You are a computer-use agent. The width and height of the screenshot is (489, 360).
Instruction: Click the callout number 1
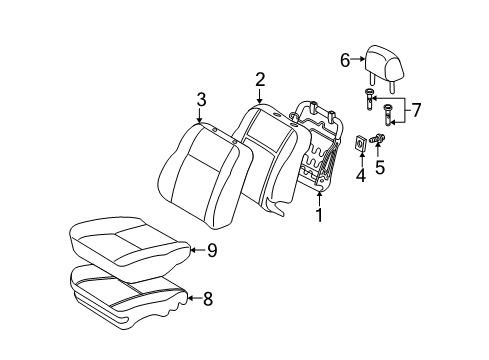click(319, 213)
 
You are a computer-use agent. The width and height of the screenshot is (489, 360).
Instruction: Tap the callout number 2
click(260, 79)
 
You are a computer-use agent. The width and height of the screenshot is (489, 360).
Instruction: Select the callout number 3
click(201, 99)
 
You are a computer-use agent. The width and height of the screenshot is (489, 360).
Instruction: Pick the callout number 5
click(381, 168)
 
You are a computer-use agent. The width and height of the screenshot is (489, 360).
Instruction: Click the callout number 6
click(345, 60)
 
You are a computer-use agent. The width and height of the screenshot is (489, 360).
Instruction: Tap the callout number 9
click(211, 251)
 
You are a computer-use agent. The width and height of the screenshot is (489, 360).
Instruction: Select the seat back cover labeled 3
click(200, 165)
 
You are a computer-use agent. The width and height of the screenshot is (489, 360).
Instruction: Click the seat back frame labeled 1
click(323, 150)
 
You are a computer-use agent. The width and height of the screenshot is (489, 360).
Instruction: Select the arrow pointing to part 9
click(195, 251)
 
